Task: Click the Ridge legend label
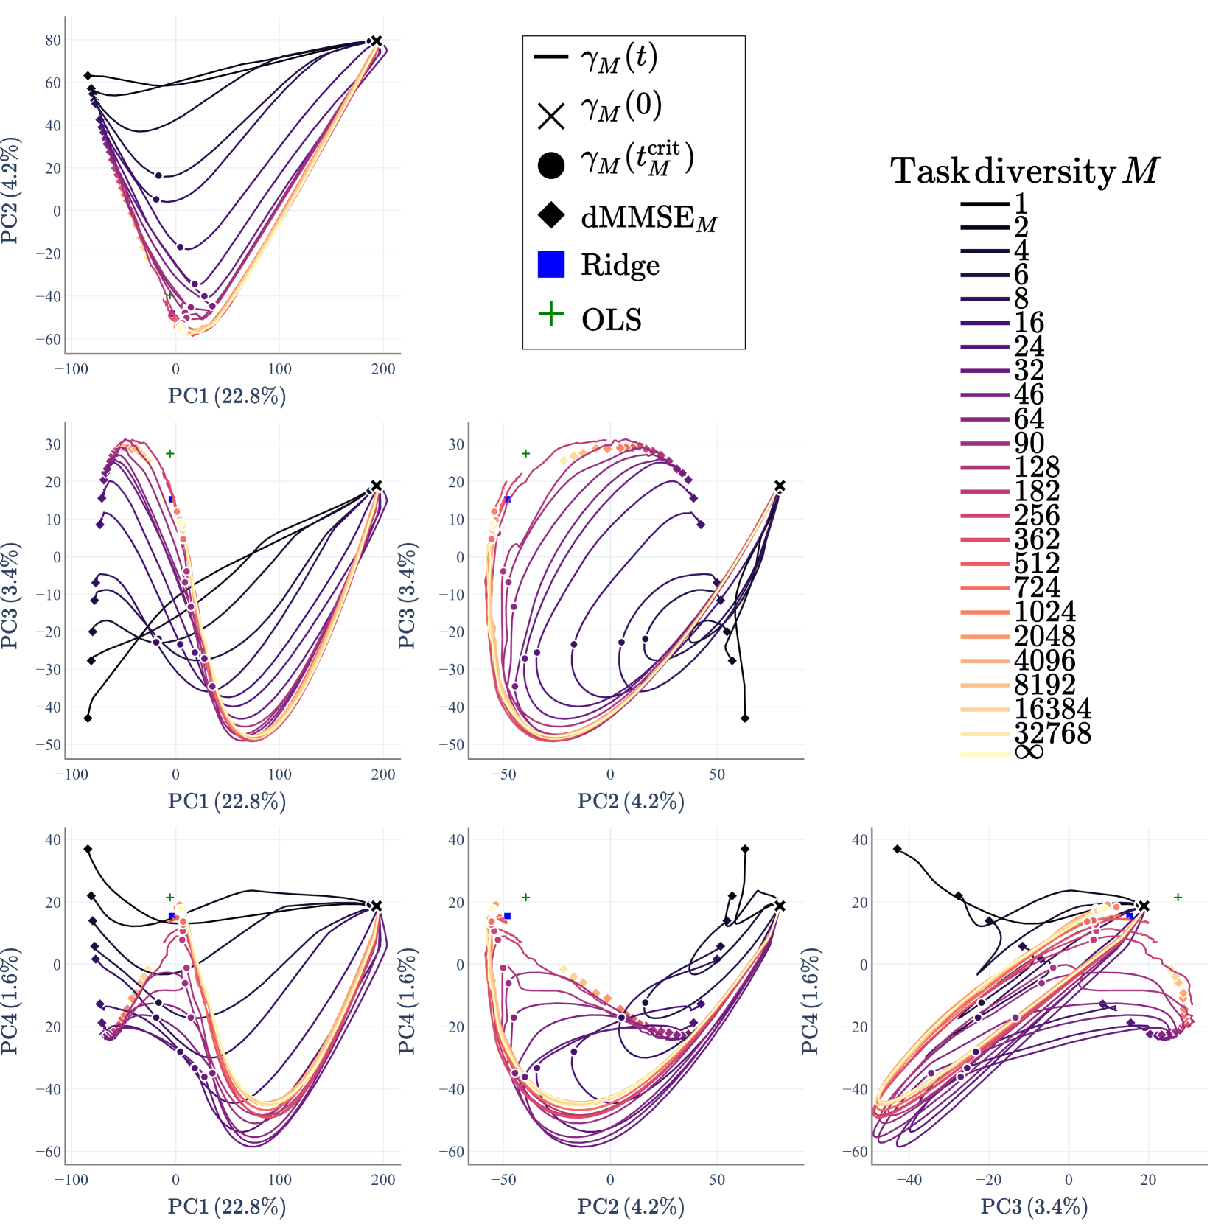(x=620, y=265)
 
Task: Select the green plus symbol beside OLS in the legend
(x=551, y=315)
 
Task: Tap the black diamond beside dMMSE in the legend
(x=551, y=215)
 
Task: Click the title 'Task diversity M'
(x=1024, y=171)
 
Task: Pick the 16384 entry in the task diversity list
(x=1052, y=709)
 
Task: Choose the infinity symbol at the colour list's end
(x=1029, y=752)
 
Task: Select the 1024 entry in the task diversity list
(x=1045, y=612)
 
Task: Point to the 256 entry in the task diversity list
(x=1037, y=515)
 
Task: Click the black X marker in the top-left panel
(x=377, y=41)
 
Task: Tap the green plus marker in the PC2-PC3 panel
(x=525, y=454)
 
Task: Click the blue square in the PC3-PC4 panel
(x=1130, y=916)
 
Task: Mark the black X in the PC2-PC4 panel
(x=780, y=906)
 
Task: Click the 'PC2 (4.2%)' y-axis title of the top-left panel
(x=10, y=190)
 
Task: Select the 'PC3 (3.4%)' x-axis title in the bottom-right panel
(x=1034, y=1206)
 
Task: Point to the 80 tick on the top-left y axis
(x=53, y=41)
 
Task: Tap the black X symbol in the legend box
(x=551, y=116)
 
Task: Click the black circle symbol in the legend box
(x=551, y=166)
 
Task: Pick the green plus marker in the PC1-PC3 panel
(x=170, y=454)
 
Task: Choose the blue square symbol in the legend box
(x=551, y=265)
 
